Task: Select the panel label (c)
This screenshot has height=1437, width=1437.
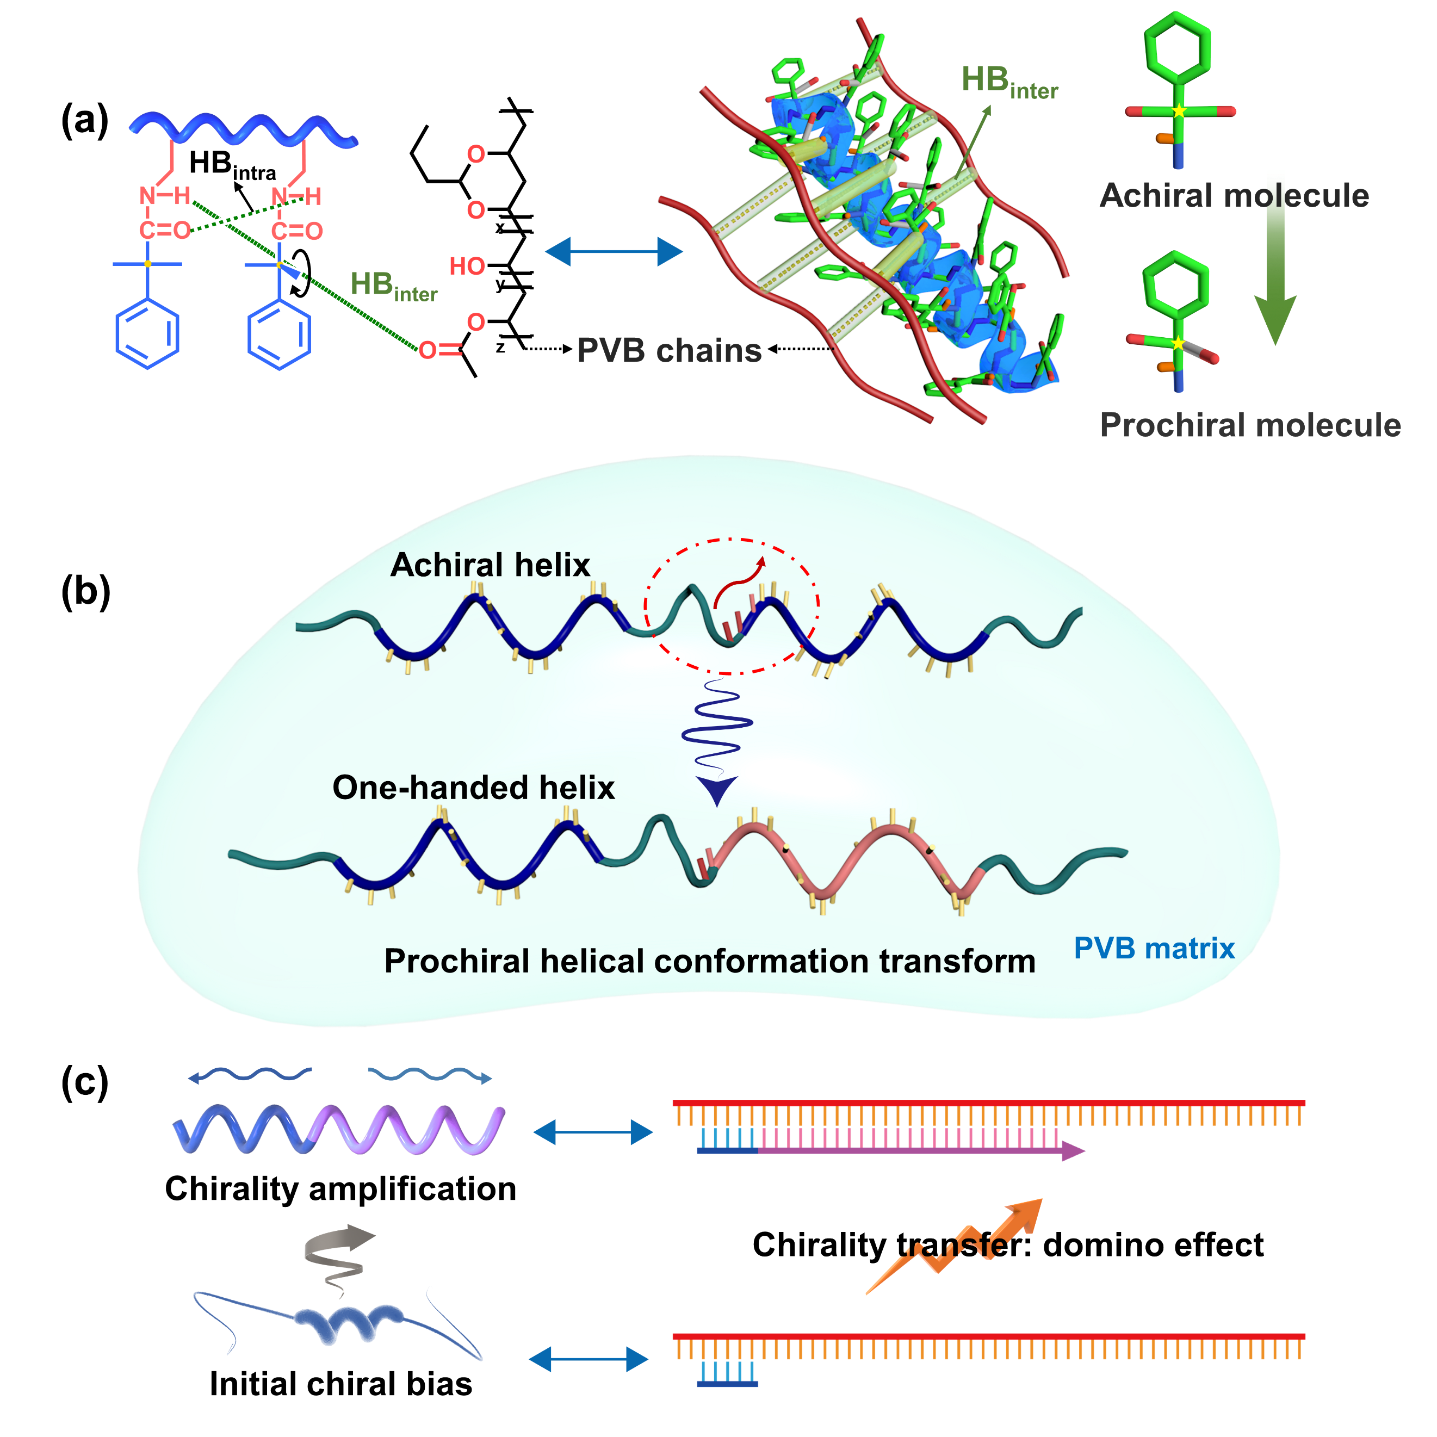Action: coord(85,1082)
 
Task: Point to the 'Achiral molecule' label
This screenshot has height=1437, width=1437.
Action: coord(1234,196)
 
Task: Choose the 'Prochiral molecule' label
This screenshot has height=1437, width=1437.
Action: coord(1249,425)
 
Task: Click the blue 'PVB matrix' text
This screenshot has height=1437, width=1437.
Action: coord(1154,949)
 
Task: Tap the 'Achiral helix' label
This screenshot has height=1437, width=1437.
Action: coord(490,565)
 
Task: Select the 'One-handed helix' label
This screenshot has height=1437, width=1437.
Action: coord(473,788)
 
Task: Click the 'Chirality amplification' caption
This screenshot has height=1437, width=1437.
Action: coord(340,1188)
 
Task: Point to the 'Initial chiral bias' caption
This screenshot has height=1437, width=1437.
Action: coord(340,1384)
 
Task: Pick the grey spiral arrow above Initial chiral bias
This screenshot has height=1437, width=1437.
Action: coord(338,1253)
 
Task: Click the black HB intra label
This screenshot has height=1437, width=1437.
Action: coord(232,165)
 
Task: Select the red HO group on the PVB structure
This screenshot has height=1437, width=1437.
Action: coord(467,267)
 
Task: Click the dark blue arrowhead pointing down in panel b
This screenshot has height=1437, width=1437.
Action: coord(716,790)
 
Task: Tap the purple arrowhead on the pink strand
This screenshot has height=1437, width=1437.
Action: coord(1072,1151)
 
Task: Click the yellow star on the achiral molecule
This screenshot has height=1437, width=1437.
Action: coord(1179,112)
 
